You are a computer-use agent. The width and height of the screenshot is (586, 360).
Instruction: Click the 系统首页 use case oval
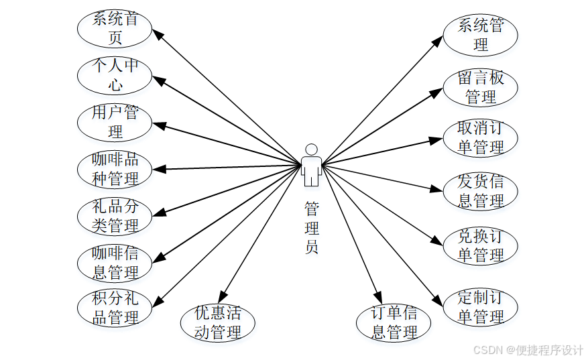[x=115, y=28]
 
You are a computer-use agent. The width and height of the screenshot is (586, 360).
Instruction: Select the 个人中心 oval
[x=115, y=75]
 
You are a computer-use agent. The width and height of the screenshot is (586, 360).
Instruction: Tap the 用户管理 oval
[x=115, y=122]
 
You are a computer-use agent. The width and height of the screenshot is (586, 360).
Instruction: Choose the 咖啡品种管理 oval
[x=115, y=169]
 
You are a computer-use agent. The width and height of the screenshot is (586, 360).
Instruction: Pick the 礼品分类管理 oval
[x=115, y=216]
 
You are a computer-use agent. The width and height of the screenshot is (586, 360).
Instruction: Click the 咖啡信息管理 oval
[x=115, y=263]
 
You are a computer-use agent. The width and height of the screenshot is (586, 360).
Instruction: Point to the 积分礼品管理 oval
[x=115, y=308]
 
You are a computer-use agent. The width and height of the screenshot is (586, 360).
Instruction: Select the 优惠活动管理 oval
[x=218, y=322]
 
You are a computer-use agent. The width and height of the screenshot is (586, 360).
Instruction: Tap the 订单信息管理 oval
[x=394, y=322]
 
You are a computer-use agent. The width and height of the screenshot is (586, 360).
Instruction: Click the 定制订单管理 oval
[x=480, y=306]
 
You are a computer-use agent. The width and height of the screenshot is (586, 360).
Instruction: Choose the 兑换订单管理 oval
[x=480, y=246]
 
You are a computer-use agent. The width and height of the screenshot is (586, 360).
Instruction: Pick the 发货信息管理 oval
[x=480, y=191]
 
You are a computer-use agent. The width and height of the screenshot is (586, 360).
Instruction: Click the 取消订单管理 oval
[x=480, y=138]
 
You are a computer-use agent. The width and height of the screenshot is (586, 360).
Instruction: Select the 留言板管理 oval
[x=480, y=87]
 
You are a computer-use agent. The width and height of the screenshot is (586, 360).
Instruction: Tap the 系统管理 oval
[x=480, y=36]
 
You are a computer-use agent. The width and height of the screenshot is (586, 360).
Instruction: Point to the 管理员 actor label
[x=311, y=228]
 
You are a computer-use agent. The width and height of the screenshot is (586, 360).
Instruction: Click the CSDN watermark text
[x=528, y=350]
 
